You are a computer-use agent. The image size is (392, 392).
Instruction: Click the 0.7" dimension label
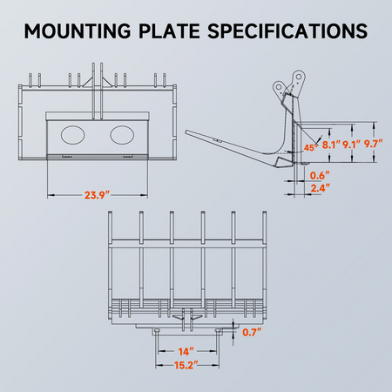[250, 332]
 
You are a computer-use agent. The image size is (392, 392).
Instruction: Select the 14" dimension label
[184, 351]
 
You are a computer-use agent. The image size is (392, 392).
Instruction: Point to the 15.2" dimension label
[184, 367]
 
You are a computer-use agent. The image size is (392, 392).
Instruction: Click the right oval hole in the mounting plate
[122, 135]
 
